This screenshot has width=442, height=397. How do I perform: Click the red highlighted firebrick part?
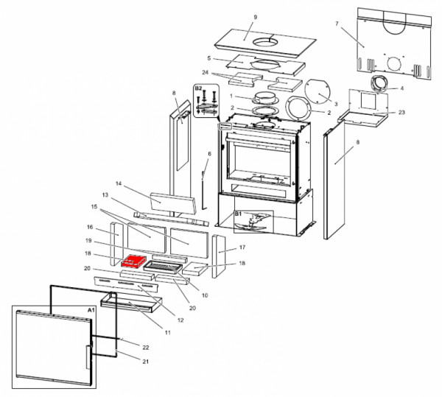click(135, 261)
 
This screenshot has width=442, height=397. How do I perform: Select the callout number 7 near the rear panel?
click(337, 24)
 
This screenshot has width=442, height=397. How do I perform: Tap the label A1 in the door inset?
click(91, 311)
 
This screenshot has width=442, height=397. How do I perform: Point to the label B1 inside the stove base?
click(239, 214)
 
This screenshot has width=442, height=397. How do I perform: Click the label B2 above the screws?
click(197, 88)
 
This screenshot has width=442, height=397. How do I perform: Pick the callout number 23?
click(401, 113)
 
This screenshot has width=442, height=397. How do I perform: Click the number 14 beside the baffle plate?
click(117, 183)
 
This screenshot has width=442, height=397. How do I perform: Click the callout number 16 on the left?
click(90, 228)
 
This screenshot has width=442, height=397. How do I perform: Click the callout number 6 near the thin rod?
click(209, 154)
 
